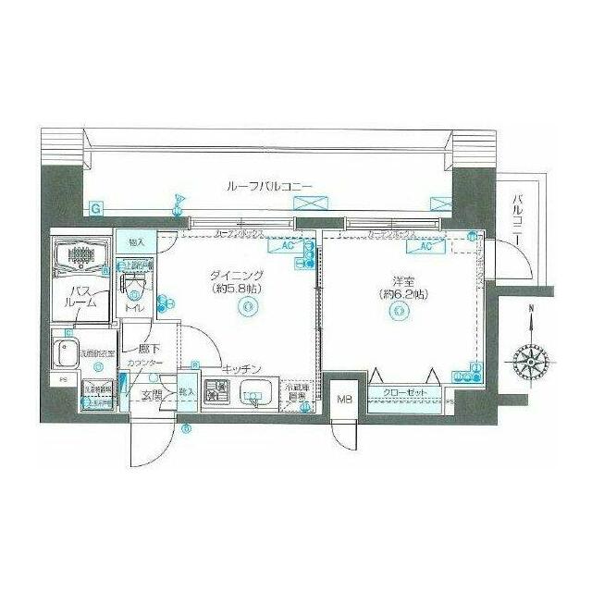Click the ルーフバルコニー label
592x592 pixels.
coord(269,186)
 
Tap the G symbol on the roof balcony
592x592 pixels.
coord(96,209)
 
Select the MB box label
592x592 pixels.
coord(344,399)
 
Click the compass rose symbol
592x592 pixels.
coord(530,357)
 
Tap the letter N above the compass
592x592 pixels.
coord(530,311)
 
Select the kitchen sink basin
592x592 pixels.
coord(252,398)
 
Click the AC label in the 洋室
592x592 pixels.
coord(426,247)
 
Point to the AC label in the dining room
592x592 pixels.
coord(287,247)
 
